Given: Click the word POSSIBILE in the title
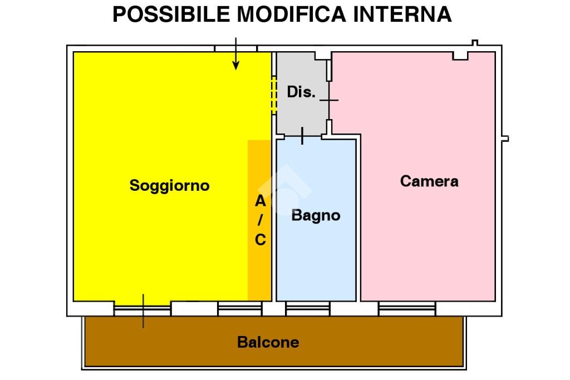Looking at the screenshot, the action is (171, 14).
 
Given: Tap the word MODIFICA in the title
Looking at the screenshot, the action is (292, 14).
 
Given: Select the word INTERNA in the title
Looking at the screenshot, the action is (402, 14).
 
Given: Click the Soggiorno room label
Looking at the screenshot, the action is (169, 186).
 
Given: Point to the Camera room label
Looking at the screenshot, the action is (429, 181).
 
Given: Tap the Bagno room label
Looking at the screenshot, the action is (316, 216).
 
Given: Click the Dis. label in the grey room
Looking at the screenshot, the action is (301, 92).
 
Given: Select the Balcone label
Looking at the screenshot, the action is (268, 342).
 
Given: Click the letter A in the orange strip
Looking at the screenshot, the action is (261, 201).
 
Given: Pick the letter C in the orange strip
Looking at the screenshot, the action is (261, 240).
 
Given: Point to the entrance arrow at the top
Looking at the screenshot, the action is (236, 53).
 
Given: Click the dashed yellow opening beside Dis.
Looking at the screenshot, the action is (274, 95).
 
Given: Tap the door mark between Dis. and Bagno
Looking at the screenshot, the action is (302, 136).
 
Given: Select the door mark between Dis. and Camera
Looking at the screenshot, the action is (329, 100).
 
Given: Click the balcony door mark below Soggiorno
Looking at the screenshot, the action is (143, 311).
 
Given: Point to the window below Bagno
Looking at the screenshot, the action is (307, 309).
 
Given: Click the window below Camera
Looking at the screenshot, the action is (407, 309).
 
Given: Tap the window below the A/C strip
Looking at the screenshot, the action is (239, 309).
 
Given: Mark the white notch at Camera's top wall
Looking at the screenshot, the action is (460, 56).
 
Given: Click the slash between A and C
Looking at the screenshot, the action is (260, 220).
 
